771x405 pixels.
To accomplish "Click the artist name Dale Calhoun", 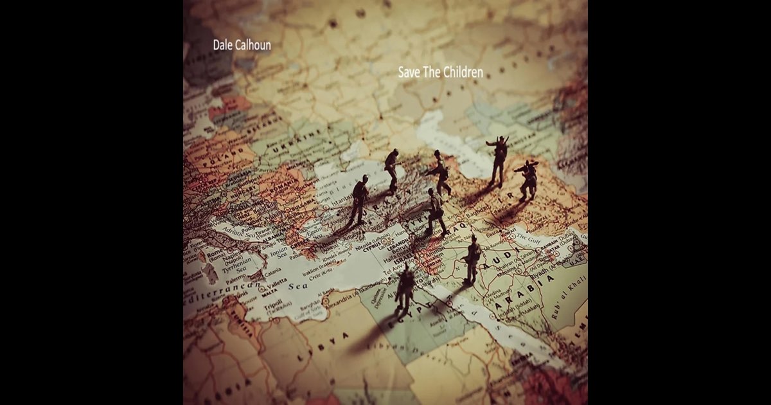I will (x=242, y=46).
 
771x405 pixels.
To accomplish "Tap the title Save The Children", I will (x=440, y=72).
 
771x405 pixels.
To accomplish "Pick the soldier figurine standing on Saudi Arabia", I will (x=472, y=259).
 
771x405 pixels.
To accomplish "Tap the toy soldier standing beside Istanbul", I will (x=359, y=199).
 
